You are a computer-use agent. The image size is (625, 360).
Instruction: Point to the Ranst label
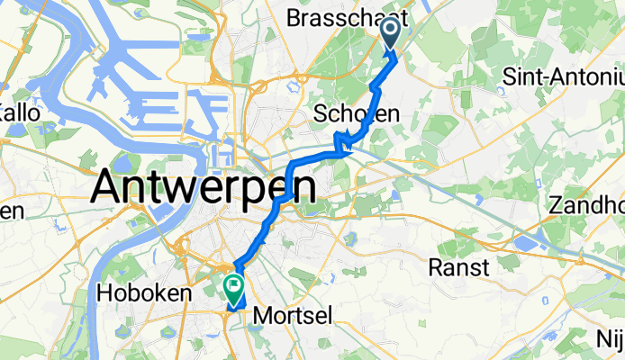[459, 267]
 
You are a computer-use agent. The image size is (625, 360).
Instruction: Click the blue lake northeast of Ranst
[526, 243]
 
